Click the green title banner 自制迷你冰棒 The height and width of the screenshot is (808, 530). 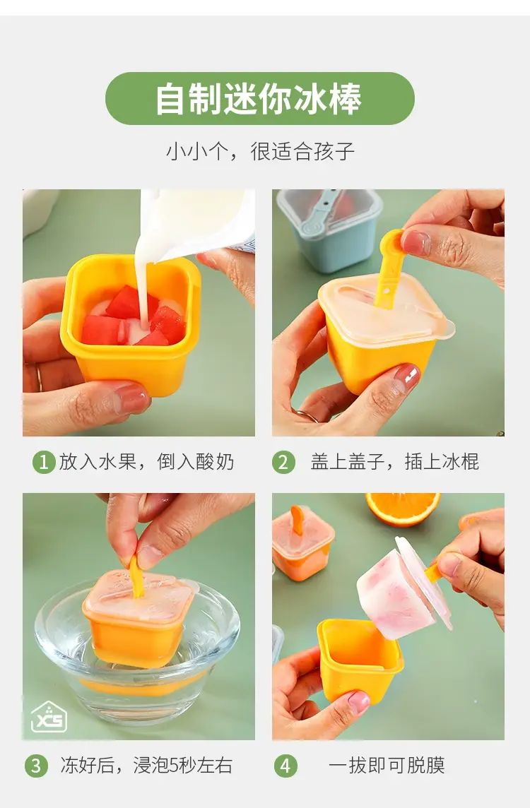[260, 98]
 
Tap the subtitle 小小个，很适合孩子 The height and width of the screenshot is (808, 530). [260, 151]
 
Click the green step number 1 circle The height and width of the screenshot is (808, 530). [43, 462]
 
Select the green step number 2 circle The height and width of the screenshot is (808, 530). [283, 462]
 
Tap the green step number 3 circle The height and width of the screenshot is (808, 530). [35, 766]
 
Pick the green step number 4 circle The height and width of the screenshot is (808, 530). [285, 766]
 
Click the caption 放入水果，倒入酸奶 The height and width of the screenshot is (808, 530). [146, 462]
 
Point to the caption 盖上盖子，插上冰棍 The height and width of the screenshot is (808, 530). [394, 462]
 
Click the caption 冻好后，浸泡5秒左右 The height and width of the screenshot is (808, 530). [146, 765]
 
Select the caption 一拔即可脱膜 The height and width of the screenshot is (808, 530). [387, 765]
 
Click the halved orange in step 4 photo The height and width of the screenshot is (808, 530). [403, 509]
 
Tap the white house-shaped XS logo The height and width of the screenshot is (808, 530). [49, 716]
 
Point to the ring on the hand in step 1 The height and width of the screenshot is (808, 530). [39, 379]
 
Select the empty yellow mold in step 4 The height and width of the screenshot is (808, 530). [360, 660]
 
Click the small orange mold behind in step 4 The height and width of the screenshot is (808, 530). [302, 544]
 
